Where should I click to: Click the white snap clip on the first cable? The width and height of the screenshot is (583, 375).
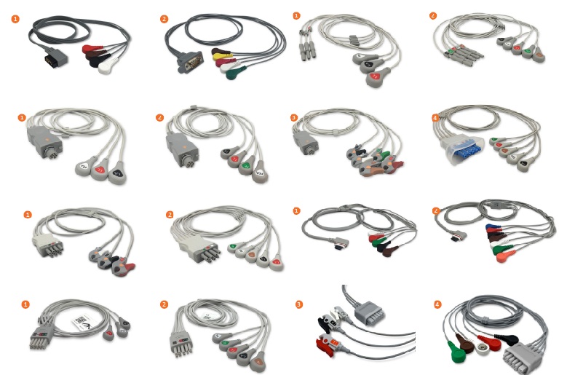[109, 66]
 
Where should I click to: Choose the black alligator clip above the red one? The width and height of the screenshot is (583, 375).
[325, 321]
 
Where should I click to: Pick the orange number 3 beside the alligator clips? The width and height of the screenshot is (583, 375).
[300, 303]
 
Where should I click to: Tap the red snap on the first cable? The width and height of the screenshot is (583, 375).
[90, 50]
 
